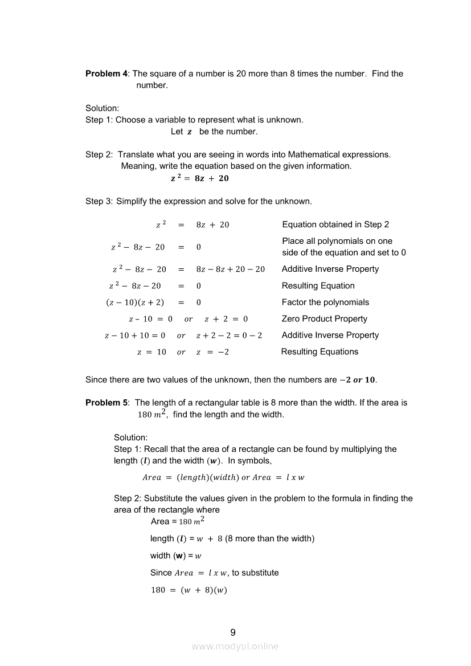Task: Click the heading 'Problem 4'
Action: (107, 73)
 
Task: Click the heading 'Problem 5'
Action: (107, 403)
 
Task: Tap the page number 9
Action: (232, 632)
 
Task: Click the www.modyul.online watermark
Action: (235, 646)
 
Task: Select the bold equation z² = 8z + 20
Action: (199, 178)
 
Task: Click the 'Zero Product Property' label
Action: (324, 319)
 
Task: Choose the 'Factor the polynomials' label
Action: (325, 303)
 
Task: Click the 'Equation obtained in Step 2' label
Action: (335, 224)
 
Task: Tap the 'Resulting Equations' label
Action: (320, 352)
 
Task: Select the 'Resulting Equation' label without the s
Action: (318, 286)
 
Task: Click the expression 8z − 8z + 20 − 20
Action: (230, 269)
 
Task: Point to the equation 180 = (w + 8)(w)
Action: (189, 590)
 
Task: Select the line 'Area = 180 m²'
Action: (178, 521)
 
